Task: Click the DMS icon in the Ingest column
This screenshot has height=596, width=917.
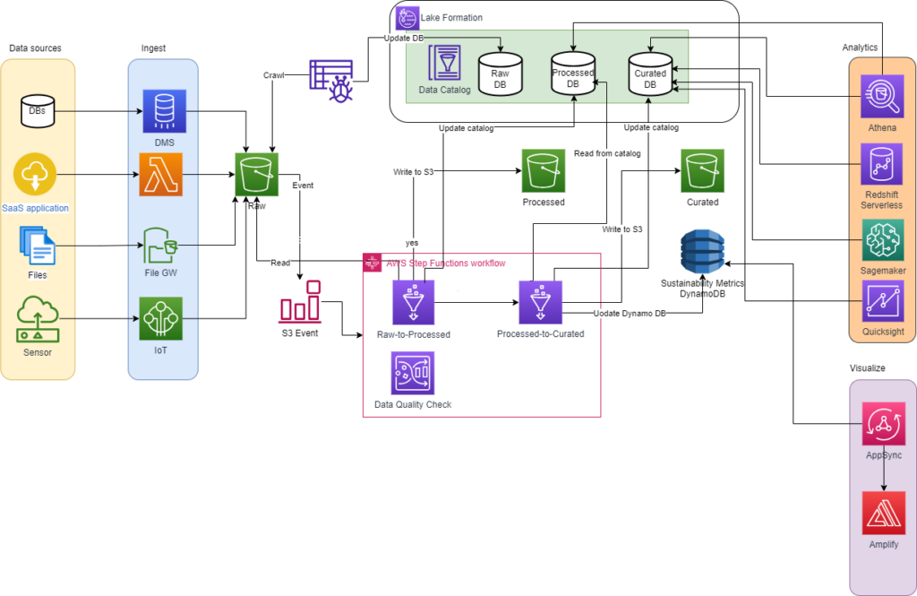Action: [165, 111]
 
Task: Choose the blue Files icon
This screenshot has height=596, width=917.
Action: [38, 245]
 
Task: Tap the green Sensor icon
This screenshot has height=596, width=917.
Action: [38, 318]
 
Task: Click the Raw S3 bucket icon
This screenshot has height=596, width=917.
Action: [257, 174]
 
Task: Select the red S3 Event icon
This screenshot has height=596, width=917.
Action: [301, 303]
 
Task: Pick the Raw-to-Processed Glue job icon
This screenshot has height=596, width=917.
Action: [414, 303]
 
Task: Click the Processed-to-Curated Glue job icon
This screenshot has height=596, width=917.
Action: [540, 303]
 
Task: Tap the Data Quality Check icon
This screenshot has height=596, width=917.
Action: [413, 372]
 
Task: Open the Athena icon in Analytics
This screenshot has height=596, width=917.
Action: [882, 97]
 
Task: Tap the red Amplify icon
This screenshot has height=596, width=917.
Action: [882, 513]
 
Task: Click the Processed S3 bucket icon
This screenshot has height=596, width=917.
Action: [544, 170]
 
